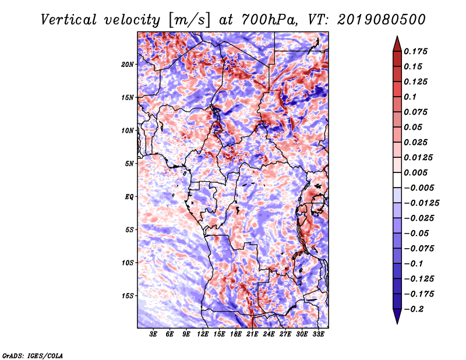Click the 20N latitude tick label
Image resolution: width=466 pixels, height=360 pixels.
point(128,65)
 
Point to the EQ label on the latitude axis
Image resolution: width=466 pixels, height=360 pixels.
point(129,197)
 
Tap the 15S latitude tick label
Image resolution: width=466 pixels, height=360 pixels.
point(128,296)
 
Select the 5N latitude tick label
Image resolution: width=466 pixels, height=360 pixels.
point(129,164)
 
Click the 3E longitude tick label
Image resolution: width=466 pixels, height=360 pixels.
point(153,334)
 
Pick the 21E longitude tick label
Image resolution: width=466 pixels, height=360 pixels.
point(252,334)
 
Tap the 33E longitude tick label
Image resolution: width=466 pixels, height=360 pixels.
point(318,334)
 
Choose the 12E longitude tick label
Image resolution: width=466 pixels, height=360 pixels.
point(202,334)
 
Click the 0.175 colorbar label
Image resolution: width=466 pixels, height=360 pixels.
point(415,51)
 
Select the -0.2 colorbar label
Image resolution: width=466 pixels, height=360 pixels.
point(414,309)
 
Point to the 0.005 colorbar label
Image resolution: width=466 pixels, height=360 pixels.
point(415,172)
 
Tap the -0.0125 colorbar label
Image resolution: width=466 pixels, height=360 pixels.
point(421,203)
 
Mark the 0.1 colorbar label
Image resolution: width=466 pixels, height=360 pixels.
point(410,97)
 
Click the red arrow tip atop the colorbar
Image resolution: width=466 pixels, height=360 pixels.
point(397,36)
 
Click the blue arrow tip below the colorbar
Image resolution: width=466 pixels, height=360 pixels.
point(397,323)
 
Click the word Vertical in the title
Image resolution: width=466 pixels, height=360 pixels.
point(69,20)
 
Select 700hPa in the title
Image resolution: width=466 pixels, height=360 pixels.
point(269,20)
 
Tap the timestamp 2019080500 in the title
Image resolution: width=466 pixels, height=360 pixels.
point(382,20)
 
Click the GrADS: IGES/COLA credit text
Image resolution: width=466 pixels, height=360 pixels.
point(33,355)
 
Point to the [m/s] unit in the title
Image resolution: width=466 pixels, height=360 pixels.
point(189,20)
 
